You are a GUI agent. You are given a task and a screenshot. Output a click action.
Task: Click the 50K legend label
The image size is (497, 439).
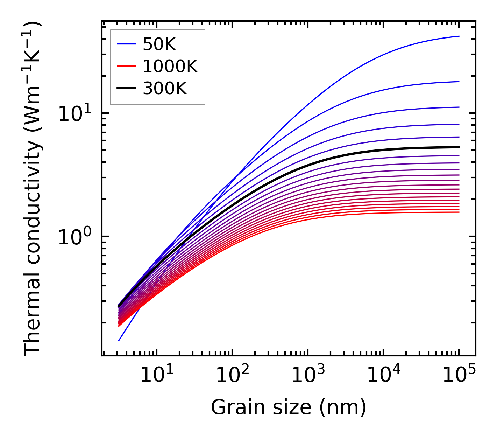(159, 44)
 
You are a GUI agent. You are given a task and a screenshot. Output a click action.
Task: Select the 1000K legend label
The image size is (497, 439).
(170, 66)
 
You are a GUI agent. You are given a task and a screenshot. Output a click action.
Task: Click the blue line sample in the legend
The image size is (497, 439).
(126, 44)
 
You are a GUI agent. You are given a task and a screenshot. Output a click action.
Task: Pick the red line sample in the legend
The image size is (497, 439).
(126, 66)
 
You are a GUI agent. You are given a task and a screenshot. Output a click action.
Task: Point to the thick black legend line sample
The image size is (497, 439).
(126, 89)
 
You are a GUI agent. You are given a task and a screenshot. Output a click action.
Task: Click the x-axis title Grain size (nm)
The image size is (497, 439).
(289, 408)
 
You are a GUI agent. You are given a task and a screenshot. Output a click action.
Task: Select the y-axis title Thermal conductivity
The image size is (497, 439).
(33, 188)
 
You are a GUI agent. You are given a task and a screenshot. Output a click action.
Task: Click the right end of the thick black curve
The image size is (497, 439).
(459, 147)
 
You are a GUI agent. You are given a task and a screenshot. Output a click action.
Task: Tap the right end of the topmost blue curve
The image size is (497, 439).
(459, 36)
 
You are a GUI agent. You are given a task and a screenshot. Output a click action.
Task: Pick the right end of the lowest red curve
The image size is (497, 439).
(459, 212)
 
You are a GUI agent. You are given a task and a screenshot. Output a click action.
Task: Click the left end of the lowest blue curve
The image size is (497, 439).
(119, 341)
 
